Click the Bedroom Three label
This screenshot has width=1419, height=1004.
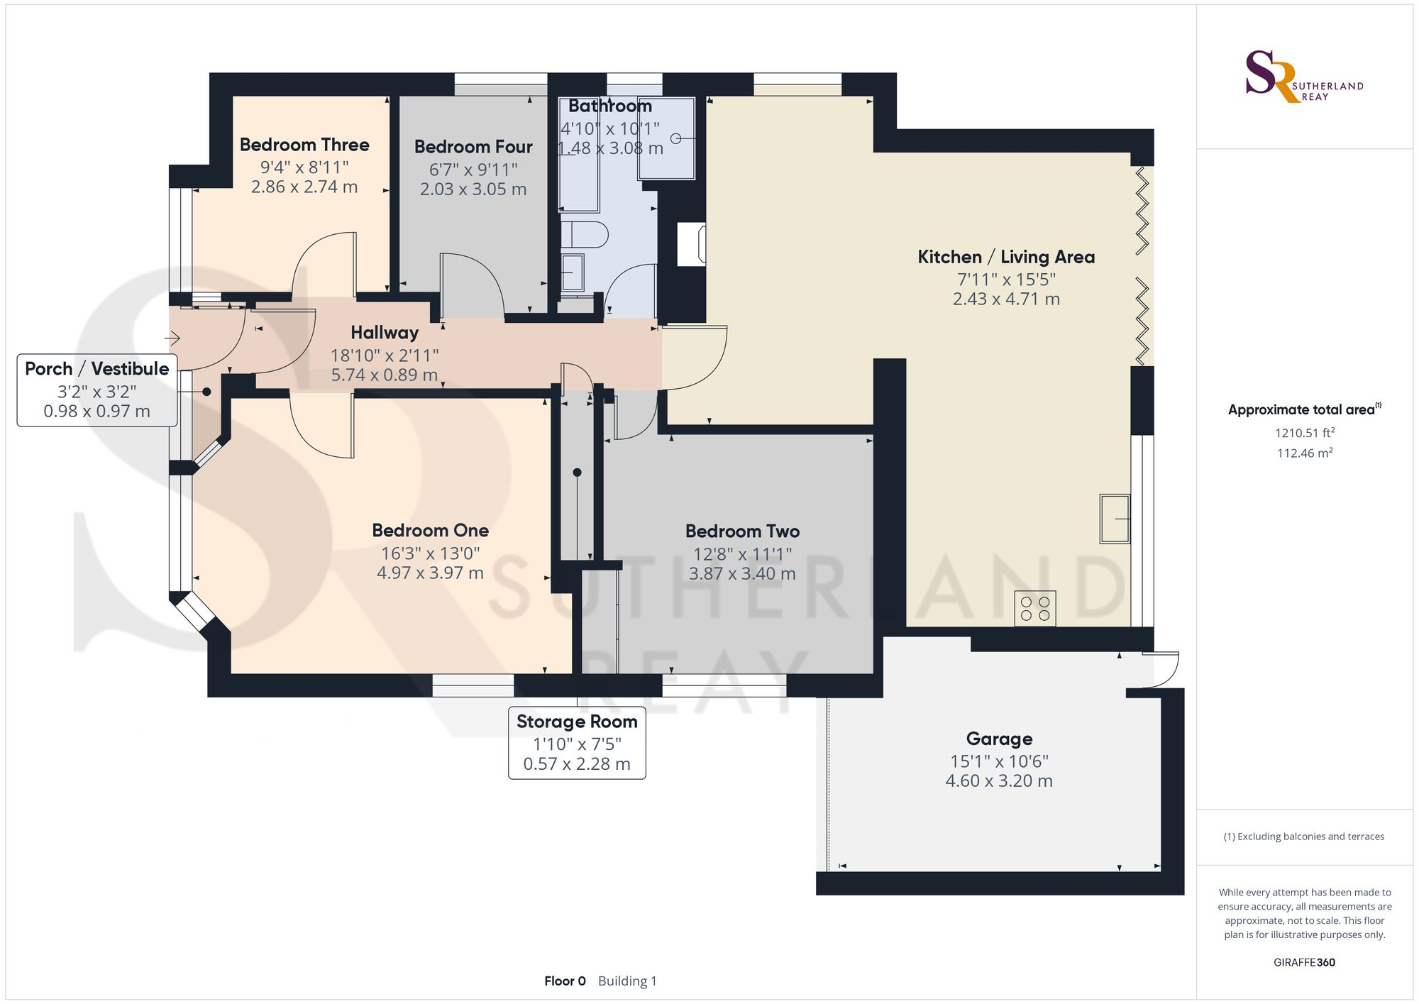click(304, 145)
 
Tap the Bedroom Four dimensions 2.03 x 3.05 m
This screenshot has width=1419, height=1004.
click(473, 189)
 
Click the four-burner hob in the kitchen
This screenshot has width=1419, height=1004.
click(1035, 609)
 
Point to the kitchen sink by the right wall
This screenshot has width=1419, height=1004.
click(1115, 519)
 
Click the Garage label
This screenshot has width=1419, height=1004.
click(999, 739)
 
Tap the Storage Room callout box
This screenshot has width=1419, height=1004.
click(577, 743)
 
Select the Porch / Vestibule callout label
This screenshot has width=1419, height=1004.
click(97, 369)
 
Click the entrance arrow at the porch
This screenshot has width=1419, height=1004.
click(172, 339)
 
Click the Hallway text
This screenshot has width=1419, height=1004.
click(385, 333)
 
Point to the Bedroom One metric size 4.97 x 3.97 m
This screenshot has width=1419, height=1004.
click(430, 573)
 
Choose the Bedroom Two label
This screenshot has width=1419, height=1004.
click(742, 531)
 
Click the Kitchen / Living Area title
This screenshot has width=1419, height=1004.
click(1006, 257)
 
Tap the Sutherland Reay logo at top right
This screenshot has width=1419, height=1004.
click(1303, 77)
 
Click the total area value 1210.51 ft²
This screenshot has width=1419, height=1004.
click(1304, 433)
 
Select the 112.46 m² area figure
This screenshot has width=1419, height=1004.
click(1304, 453)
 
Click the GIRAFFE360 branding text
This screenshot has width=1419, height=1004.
click(1304, 963)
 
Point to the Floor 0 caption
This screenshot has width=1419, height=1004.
click(565, 981)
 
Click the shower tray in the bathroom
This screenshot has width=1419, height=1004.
click(666, 138)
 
